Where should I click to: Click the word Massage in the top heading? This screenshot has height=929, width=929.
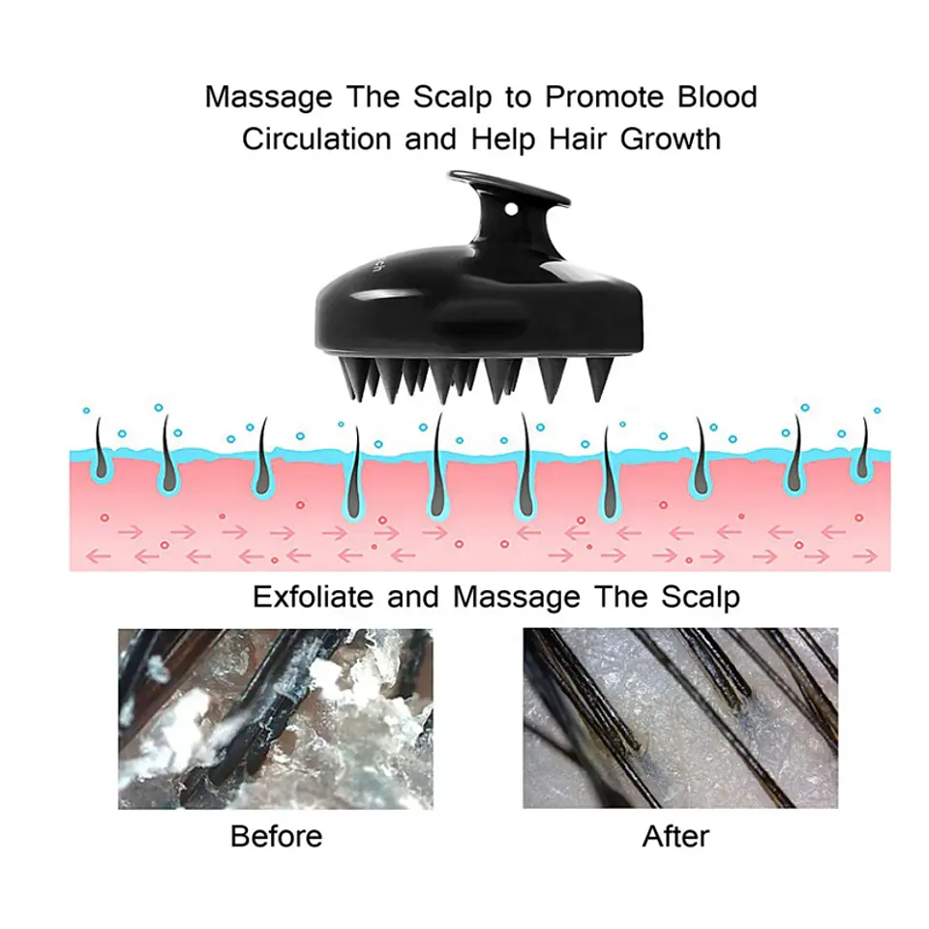click(268, 98)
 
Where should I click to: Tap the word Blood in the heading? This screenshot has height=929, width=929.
click(717, 97)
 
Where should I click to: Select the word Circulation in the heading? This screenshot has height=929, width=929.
click(317, 139)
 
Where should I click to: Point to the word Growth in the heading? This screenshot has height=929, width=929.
click(670, 139)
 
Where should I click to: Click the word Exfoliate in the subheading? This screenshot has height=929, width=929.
click(314, 597)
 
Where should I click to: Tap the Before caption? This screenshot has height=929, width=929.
click(277, 836)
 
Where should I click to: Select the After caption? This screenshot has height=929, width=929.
click(676, 836)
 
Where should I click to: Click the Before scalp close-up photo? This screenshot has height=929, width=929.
click(276, 719)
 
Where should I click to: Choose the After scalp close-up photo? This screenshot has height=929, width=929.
click(680, 718)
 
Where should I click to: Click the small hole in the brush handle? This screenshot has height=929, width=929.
click(511, 210)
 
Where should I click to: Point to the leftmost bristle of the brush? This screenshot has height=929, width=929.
click(348, 377)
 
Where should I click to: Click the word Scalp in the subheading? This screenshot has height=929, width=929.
click(701, 597)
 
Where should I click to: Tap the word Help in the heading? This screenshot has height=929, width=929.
click(503, 140)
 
